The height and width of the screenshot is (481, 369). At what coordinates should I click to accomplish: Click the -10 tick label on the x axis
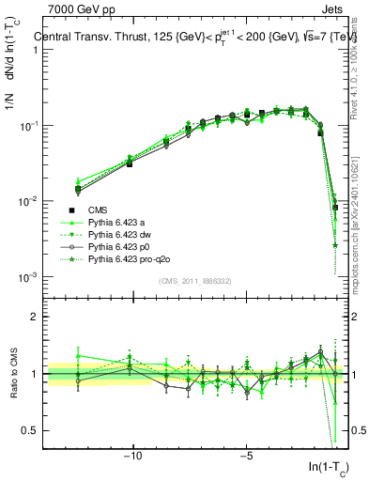[x=132, y=456]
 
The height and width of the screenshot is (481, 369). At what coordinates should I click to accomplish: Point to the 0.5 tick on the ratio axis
[x=32, y=430]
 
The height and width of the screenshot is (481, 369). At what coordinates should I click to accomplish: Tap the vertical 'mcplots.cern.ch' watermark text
[x=361, y=225]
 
